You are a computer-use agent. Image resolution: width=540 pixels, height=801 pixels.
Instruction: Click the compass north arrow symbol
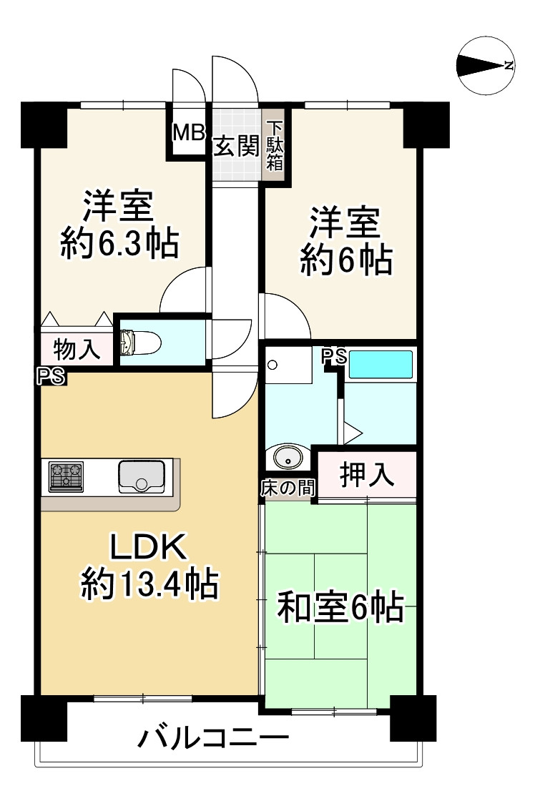(x=486, y=65)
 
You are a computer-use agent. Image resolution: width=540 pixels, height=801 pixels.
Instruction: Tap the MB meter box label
(x=188, y=133)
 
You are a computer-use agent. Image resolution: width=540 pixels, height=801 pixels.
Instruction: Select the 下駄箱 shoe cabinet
(x=275, y=144)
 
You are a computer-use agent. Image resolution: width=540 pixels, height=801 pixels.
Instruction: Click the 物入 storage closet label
(x=77, y=350)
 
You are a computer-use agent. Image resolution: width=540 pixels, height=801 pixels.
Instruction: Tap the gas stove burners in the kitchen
(x=66, y=476)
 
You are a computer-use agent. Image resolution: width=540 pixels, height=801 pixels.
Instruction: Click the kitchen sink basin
(x=142, y=476)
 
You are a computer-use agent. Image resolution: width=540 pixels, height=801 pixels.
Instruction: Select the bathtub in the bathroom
(x=381, y=365)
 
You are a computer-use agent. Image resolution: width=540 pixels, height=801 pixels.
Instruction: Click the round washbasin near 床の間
(x=288, y=457)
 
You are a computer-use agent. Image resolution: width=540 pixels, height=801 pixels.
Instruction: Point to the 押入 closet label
(x=367, y=474)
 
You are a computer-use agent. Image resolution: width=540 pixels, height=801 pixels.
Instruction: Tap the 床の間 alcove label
(x=288, y=488)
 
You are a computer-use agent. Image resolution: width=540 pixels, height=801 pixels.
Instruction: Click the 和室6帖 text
(x=340, y=608)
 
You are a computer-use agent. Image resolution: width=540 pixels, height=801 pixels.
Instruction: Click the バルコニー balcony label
(x=214, y=738)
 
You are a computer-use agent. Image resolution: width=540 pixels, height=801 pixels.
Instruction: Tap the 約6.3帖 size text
(x=119, y=244)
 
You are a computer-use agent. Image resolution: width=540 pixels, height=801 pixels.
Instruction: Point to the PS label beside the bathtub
(x=335, y=357)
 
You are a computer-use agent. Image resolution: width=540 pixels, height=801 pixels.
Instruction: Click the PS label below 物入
(x=51, y=376)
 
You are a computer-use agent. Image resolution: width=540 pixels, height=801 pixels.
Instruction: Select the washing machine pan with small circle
(x=289, y=365)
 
